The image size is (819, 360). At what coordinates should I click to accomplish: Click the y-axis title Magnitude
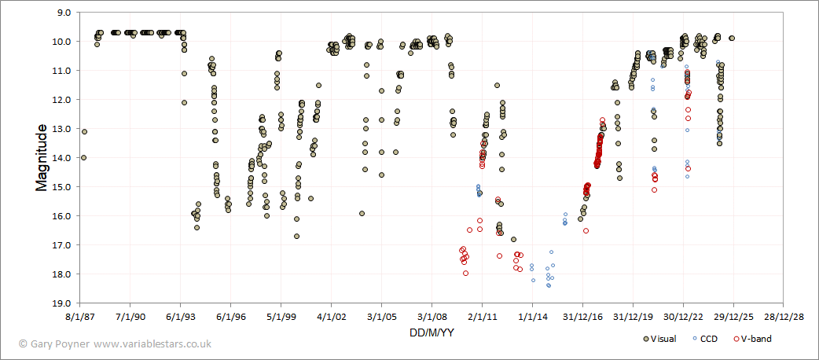tap(42, 157)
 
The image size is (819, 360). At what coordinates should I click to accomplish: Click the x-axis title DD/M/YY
tap(431, 332)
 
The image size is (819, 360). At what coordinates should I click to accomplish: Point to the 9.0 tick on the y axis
tap(61, 13)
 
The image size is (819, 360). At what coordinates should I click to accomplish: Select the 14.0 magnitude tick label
tap(61, 158)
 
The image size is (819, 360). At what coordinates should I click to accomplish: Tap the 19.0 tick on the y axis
tap(61, 303)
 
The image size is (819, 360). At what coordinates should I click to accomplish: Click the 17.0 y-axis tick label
tap(61, 245)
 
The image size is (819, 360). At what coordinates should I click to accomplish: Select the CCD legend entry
tap(708, 339)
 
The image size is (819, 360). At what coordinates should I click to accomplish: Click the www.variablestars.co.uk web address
tap(152, 343)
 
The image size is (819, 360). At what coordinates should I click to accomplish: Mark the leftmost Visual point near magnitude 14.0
tap(83, 158)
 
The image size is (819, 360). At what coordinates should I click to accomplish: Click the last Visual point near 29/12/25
tap(732, 38)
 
